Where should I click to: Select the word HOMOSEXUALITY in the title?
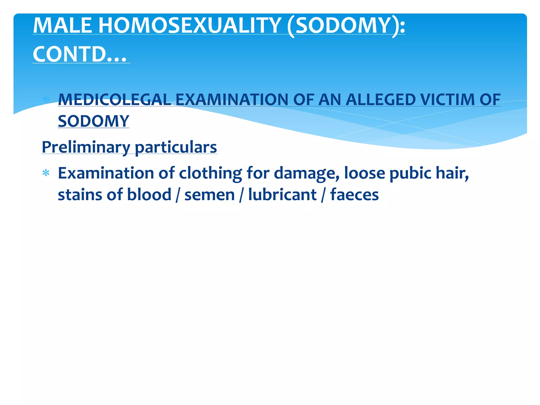[190, 25]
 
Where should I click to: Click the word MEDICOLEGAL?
[114, 100]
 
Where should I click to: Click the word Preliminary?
[86, 147]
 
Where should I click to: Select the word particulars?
[176, 147]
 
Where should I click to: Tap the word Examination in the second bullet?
[105, 173]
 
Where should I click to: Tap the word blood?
[149, 195]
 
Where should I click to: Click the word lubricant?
[282, 195]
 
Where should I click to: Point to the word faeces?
[354, 195]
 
